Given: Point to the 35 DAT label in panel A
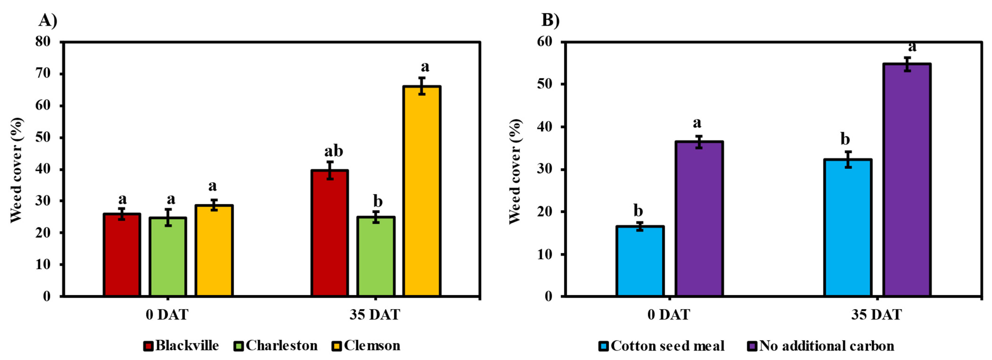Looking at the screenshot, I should click(375, 315).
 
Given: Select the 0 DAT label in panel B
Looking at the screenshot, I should click(669, 315).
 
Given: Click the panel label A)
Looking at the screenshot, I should click(48, 20).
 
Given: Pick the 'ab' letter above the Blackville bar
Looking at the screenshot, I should click(334, 151).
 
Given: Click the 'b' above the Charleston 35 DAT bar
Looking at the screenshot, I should click(378, 201).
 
